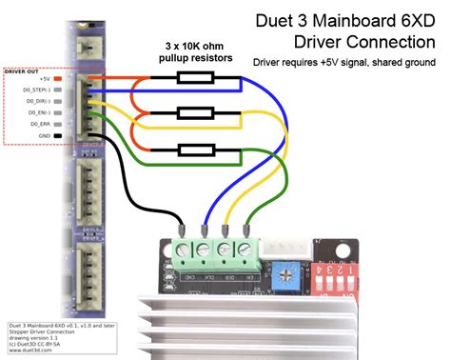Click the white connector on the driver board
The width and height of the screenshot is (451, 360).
click(x=279, y=250)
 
